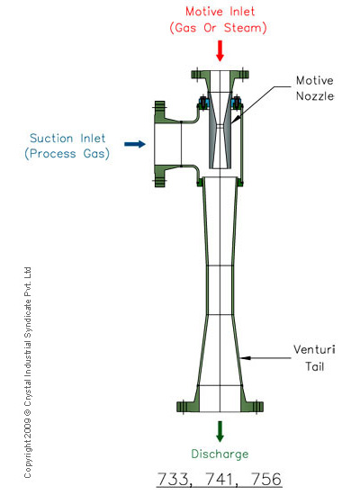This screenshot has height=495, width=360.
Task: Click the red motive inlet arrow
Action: coord(220,50)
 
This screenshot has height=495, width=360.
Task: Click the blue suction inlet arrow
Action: coord(135,144)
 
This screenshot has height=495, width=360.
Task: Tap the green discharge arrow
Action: coord(220,431)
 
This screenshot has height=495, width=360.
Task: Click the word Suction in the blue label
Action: coord(51,139)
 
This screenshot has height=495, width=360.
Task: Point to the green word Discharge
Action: coord(220,454)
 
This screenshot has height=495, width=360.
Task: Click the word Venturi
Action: coord(314,349)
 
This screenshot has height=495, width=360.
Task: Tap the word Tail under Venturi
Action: coord(314,366)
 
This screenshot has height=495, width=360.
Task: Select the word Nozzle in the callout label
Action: coord(315,96)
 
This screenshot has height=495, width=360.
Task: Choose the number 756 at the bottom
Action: coord(265,479)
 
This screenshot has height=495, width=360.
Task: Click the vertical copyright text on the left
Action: coord(28,373)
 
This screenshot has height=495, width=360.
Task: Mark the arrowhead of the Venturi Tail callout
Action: coord(241,358)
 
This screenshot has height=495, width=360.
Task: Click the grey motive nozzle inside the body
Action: coord(220,130)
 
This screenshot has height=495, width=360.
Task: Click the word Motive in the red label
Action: coord(204,12)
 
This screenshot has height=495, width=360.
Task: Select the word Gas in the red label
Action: coord(185,28)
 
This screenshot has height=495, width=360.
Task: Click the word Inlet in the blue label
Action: coord(93,139)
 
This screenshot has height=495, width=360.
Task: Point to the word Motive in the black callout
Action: coord(314,80)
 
